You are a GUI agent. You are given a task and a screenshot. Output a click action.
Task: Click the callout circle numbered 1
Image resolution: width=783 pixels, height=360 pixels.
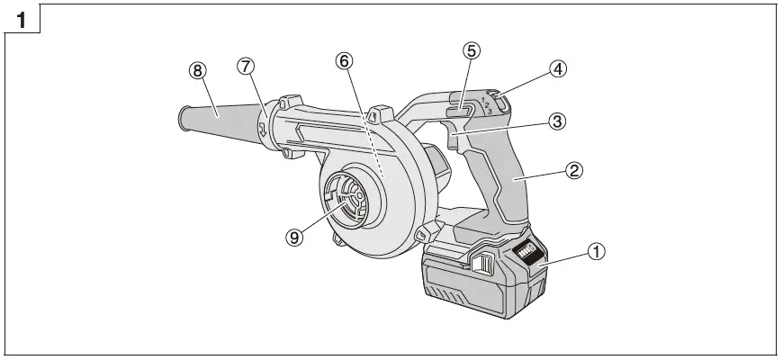[x=595, y=253]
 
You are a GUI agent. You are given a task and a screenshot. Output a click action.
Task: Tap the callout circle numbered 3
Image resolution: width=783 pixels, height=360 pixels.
[x=558, y=121]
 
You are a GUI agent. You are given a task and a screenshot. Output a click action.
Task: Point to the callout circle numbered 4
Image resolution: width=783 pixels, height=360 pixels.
[x=559, y=68]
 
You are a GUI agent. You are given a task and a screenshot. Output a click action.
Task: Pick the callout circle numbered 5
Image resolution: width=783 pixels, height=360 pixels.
[x=471, y=51]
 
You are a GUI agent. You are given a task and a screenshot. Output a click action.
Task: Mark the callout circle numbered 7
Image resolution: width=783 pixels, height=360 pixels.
[x=247, y=66]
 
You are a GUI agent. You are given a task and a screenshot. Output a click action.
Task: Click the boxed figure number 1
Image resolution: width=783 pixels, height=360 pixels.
[x=20, y=18]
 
